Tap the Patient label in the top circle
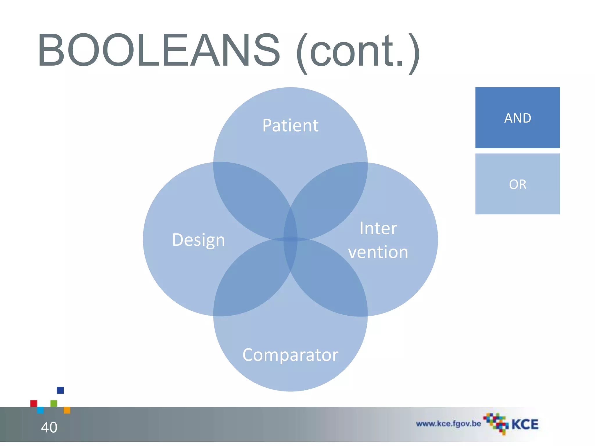coord(290,125)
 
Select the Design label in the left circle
coord(198,240)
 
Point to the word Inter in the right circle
coord(378,228)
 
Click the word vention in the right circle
coord(378,252)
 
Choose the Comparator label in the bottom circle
coord(290,355)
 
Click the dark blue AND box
coord(517,118)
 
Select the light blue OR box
coord(517,184)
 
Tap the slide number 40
coord(49,427)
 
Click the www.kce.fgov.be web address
coord(448,424)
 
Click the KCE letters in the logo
coord(525,425)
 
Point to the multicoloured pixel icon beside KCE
coord(496,423)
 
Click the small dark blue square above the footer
coord(60,390)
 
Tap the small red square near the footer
coord(34,403)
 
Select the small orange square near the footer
coord(67,410)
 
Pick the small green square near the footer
coord(54,403)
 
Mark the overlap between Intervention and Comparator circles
coord(331,279)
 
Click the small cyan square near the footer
coord(41,410)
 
